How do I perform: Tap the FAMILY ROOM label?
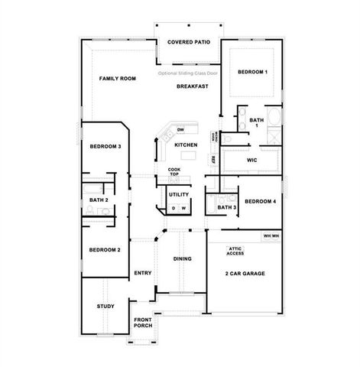[x=118, y=79]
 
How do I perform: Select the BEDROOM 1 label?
[x=251, y=72]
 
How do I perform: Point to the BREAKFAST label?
[x=193, y=86]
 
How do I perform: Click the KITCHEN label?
[x=186, y=145]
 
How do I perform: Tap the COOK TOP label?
[x=174, y=172]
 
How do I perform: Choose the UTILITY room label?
[x=178, y=194]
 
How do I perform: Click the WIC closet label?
[x=251, y=161]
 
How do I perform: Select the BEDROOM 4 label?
[x=260, y=201]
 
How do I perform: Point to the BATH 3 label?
[x=226, y=207]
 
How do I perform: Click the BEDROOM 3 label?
[x=105, y=146]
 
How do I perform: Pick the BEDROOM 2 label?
[x=105, y=250]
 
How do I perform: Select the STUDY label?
[x=105, y=306]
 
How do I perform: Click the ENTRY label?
[x=143, y=273]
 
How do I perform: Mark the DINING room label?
[x=182, y=259]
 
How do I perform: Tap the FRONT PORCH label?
[x=143, y=323]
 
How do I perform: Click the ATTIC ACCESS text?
[x=235, y=251]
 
